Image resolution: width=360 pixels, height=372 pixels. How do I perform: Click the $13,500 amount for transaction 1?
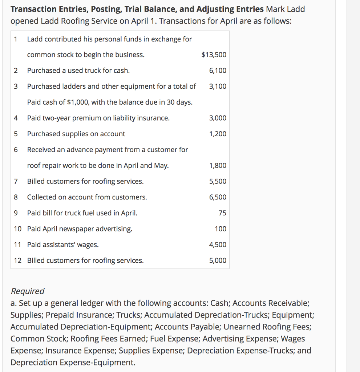pos(214,55)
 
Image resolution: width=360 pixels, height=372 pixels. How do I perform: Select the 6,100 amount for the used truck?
pos(218,70)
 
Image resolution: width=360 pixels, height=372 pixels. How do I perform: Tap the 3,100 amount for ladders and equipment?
pos(218,86)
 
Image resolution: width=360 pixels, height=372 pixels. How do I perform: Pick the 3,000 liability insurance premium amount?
pos(218,118)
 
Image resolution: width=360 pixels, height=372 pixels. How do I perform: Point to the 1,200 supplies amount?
pos(218,134)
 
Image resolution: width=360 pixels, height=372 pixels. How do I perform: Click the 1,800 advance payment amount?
pos(218,166)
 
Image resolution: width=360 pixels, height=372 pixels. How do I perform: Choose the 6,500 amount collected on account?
pos(218,197)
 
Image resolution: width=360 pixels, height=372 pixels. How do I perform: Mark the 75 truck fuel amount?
pos(222,213)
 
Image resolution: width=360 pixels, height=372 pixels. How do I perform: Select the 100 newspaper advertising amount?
pos(221,229)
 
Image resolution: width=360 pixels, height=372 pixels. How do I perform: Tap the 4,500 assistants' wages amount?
pos(218,245)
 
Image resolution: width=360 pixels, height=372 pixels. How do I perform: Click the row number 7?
pos(16,181)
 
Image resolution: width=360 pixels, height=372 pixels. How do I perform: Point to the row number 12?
pos(17,260)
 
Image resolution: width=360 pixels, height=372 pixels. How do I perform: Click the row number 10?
pos(17,229)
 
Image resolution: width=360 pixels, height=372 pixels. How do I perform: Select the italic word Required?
pos(28,291)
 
